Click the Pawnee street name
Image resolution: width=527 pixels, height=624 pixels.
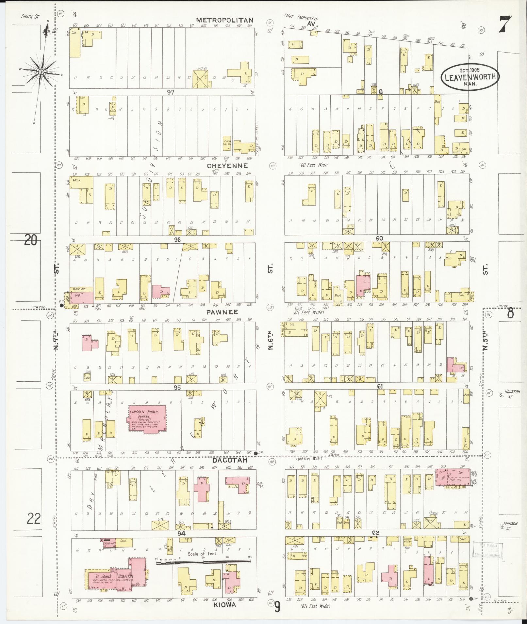(x=222, y=312)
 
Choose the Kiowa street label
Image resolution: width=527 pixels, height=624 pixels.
(x=225, y=605)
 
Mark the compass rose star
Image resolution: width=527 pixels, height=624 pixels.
(x=41, y=72)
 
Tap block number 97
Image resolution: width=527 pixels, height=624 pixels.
(x=171, y=92)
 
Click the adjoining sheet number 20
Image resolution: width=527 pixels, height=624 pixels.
(x=30, y=241)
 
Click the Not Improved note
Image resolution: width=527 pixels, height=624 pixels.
(x=301, y=19)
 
